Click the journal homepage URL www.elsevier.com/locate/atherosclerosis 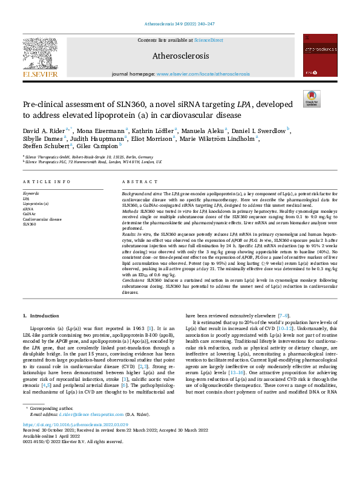coord(203,74)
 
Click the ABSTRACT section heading coord(136,182)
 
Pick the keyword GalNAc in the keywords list coord(30,213)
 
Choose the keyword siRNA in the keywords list coord(28,208)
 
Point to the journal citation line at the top coord(180,24)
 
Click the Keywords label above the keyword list coord(31,193)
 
